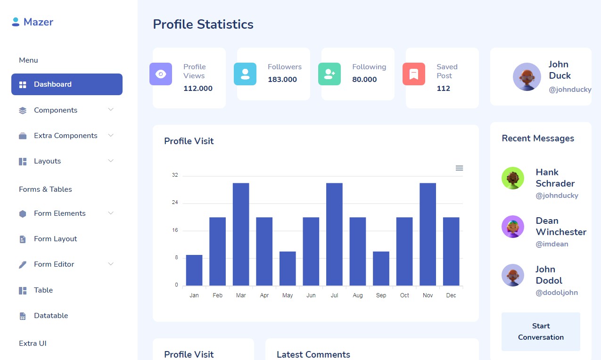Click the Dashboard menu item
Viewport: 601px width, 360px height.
click(66, 84)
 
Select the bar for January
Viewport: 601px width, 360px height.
click(194, 270)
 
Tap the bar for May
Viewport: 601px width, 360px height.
click(288, 268)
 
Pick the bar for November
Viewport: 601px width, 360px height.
click(428, 234)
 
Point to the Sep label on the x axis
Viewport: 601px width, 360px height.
click(381, 295)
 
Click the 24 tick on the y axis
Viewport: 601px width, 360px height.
click(175, 203)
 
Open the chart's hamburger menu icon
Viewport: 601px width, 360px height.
click(459, 168)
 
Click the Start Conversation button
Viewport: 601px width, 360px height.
click(541, 332)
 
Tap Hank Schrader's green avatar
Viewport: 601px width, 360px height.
click(513, 178)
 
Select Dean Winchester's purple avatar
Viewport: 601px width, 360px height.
click(513, 227)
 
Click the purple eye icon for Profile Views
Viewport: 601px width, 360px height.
click(161, 74)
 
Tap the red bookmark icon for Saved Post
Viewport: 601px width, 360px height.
click(414, 74)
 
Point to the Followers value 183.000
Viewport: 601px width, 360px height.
click(282, 80)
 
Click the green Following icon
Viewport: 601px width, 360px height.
click(329, 74)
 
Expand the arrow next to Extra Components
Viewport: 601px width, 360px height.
click(111, 135)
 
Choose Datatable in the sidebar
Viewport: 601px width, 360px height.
click(51, 316)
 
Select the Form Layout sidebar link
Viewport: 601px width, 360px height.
click(55, 239)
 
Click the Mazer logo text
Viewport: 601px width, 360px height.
click(38, 22)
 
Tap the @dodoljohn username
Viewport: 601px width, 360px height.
click(557, 293)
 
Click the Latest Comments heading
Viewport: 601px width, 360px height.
click(313, 354)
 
